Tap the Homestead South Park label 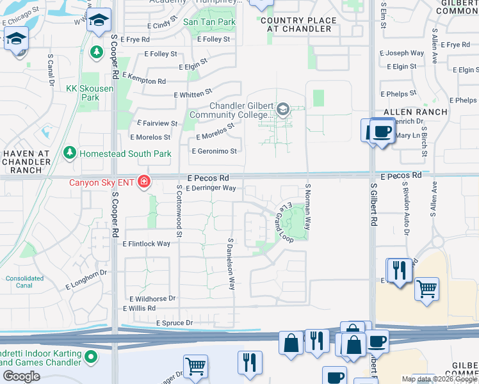(x=125, y=154)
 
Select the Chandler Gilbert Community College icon (x=282, y=110)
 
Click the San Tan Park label (x=209, y=22)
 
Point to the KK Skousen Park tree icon (x=97, y=51)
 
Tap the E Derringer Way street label (x=211, y=188)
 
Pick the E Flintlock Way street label (x=146, y=244)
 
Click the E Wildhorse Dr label (x=152, y=299)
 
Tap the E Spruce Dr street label (x=174, y=323)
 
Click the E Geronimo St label (x=215, y=152)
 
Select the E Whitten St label (x=193, y=95)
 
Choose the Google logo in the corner (x=22, y=376)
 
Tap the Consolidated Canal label (x=25, y=282)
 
